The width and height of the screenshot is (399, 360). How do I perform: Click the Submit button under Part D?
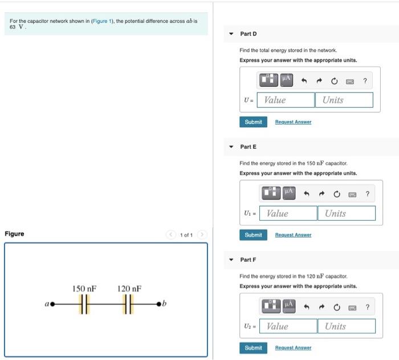click(253, 122)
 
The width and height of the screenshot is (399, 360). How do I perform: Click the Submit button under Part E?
click(253, 235)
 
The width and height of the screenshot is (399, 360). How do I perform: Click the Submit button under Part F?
click(253, 348)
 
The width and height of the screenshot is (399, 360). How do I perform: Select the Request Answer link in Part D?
click(293, 122)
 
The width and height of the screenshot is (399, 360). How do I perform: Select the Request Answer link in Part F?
click(293, 348)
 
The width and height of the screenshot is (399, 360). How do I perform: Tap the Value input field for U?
click(286, 100)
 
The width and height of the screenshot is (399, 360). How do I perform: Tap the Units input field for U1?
click(347, 213)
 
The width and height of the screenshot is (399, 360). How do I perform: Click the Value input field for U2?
click(288, 326)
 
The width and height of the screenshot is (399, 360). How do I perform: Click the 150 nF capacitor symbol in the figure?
click(84, 305)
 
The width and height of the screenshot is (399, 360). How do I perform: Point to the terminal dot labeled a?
click(52, 305)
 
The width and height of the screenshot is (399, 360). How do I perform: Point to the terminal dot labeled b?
click(159, 305)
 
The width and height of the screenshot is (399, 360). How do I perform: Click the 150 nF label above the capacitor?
click(84, 289)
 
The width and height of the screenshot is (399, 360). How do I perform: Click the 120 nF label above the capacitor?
click(129, 289)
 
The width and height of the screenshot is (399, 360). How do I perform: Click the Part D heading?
click(249, 34)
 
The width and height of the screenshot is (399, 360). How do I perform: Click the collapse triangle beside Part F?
click(231, 260)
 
